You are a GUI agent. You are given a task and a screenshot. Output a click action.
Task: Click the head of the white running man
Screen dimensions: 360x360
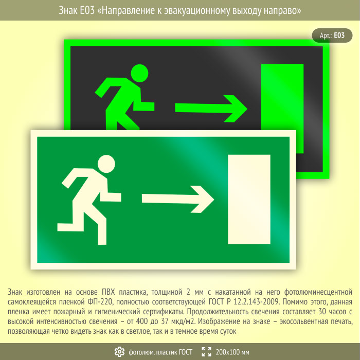[x=106, y=164]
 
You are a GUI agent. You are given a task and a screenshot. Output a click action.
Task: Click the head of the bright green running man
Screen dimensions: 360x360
[x=139, y=73]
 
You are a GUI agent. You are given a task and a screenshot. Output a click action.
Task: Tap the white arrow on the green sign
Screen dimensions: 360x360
[x=178, y=199]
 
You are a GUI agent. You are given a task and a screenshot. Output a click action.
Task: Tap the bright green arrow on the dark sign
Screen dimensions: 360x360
[x=211, y=109]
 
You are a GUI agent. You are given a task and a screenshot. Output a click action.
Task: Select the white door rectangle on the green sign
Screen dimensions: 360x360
[x=249, y=200]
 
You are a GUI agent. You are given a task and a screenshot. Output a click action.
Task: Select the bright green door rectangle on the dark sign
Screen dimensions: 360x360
[x=282, y=109]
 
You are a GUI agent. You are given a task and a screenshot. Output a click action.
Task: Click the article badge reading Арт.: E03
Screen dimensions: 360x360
[x=332, y=35]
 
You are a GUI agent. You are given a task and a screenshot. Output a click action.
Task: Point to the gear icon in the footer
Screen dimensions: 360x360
[x=119, y=352]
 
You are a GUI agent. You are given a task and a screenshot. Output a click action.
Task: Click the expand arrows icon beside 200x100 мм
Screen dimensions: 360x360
[x=206, y=352]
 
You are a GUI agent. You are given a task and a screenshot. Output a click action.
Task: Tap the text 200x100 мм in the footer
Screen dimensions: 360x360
[x=232, y=352]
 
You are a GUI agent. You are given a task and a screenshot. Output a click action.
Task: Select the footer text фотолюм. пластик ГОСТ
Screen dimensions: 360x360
[x=160, y=352]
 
